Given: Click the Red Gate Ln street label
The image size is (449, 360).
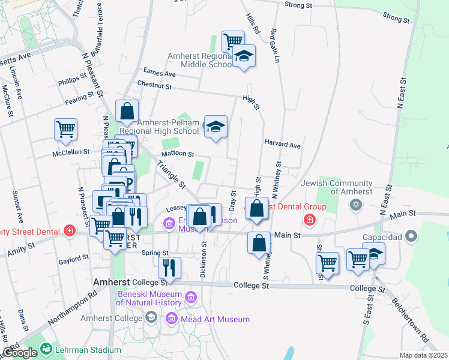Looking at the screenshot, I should tap(276, 45).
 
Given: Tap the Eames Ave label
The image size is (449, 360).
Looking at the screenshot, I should tap(160, 73).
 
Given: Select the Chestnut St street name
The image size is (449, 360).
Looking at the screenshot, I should tap(154, 86).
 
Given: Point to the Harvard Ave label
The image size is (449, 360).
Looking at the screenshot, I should tap(282, 145).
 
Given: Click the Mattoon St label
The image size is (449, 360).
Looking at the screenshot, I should tap(178, 154).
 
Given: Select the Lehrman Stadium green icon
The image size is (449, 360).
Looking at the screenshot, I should tap(46, 348).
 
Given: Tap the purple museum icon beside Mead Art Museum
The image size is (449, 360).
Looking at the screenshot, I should tap(173, 319).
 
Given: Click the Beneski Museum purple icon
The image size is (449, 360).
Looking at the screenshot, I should tap(191, 297).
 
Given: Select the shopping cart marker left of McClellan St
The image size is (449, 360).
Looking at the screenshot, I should tap(66, 129).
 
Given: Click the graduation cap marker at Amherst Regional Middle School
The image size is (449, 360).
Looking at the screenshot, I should tap(243, 56).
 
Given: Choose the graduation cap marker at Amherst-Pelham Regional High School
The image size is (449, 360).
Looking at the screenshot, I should tap(215, 127).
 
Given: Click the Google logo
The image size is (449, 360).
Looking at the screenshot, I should tap(20, 353).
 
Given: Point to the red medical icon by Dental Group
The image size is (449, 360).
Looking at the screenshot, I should tap(310, 220).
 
